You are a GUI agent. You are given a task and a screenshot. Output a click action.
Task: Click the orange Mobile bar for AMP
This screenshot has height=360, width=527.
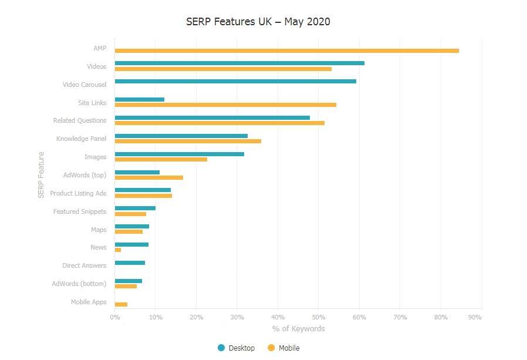click(x=286, y=51)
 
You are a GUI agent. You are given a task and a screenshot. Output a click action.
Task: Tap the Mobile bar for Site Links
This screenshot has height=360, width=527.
click(x=225, y=105)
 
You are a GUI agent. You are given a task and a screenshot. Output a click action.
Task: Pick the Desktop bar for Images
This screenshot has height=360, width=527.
click(x=180, y=154)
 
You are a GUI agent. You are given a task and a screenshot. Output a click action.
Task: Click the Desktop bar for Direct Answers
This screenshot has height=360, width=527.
click(x=130, y=263)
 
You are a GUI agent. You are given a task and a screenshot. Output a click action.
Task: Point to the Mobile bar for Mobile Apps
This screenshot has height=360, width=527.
click(x=121, y=304)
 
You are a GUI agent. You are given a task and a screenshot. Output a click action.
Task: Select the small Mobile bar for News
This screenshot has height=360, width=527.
click(x=118, y=250)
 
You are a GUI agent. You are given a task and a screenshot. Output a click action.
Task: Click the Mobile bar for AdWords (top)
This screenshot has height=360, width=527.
click(x=149, y=177)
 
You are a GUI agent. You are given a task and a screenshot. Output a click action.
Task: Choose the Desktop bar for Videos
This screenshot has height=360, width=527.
click(x=239, y=63)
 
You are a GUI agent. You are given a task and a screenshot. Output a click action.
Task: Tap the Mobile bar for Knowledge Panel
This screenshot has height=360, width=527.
click(x=188, y=142)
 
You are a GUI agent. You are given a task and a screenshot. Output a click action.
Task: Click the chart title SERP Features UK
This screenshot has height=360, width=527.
click(x=258, y=22)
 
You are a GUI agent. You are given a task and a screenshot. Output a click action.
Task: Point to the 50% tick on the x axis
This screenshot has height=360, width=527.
click(x=319, y=317)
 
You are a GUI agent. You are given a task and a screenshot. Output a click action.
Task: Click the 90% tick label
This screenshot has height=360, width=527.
click(x=475, y=317)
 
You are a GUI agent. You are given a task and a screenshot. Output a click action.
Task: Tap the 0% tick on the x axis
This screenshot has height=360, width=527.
click(x=115, y=317)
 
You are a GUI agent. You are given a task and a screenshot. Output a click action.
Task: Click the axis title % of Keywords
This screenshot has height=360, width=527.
click(x=298, y=328)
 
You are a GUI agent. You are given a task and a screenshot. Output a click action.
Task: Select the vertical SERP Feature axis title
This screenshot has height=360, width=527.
click(x=41, y=175)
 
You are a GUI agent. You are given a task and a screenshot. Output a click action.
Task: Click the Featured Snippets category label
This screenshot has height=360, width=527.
click(x=80, y=211)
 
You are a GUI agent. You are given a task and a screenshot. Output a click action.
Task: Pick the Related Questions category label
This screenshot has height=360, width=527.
click(x=80, y=120)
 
